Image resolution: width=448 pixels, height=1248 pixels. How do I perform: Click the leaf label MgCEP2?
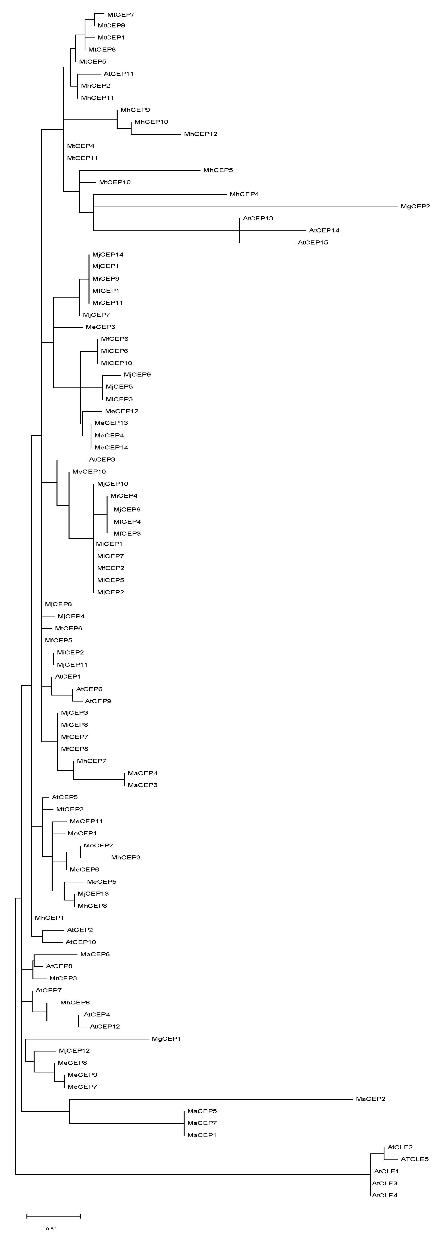[415, 206]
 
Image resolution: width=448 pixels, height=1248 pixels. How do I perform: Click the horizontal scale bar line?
[53, 1215]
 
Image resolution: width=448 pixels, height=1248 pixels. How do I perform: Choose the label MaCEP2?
[370, 1099]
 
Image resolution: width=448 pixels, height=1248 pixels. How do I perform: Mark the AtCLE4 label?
[384, 1195]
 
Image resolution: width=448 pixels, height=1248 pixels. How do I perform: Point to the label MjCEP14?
[107, 254]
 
